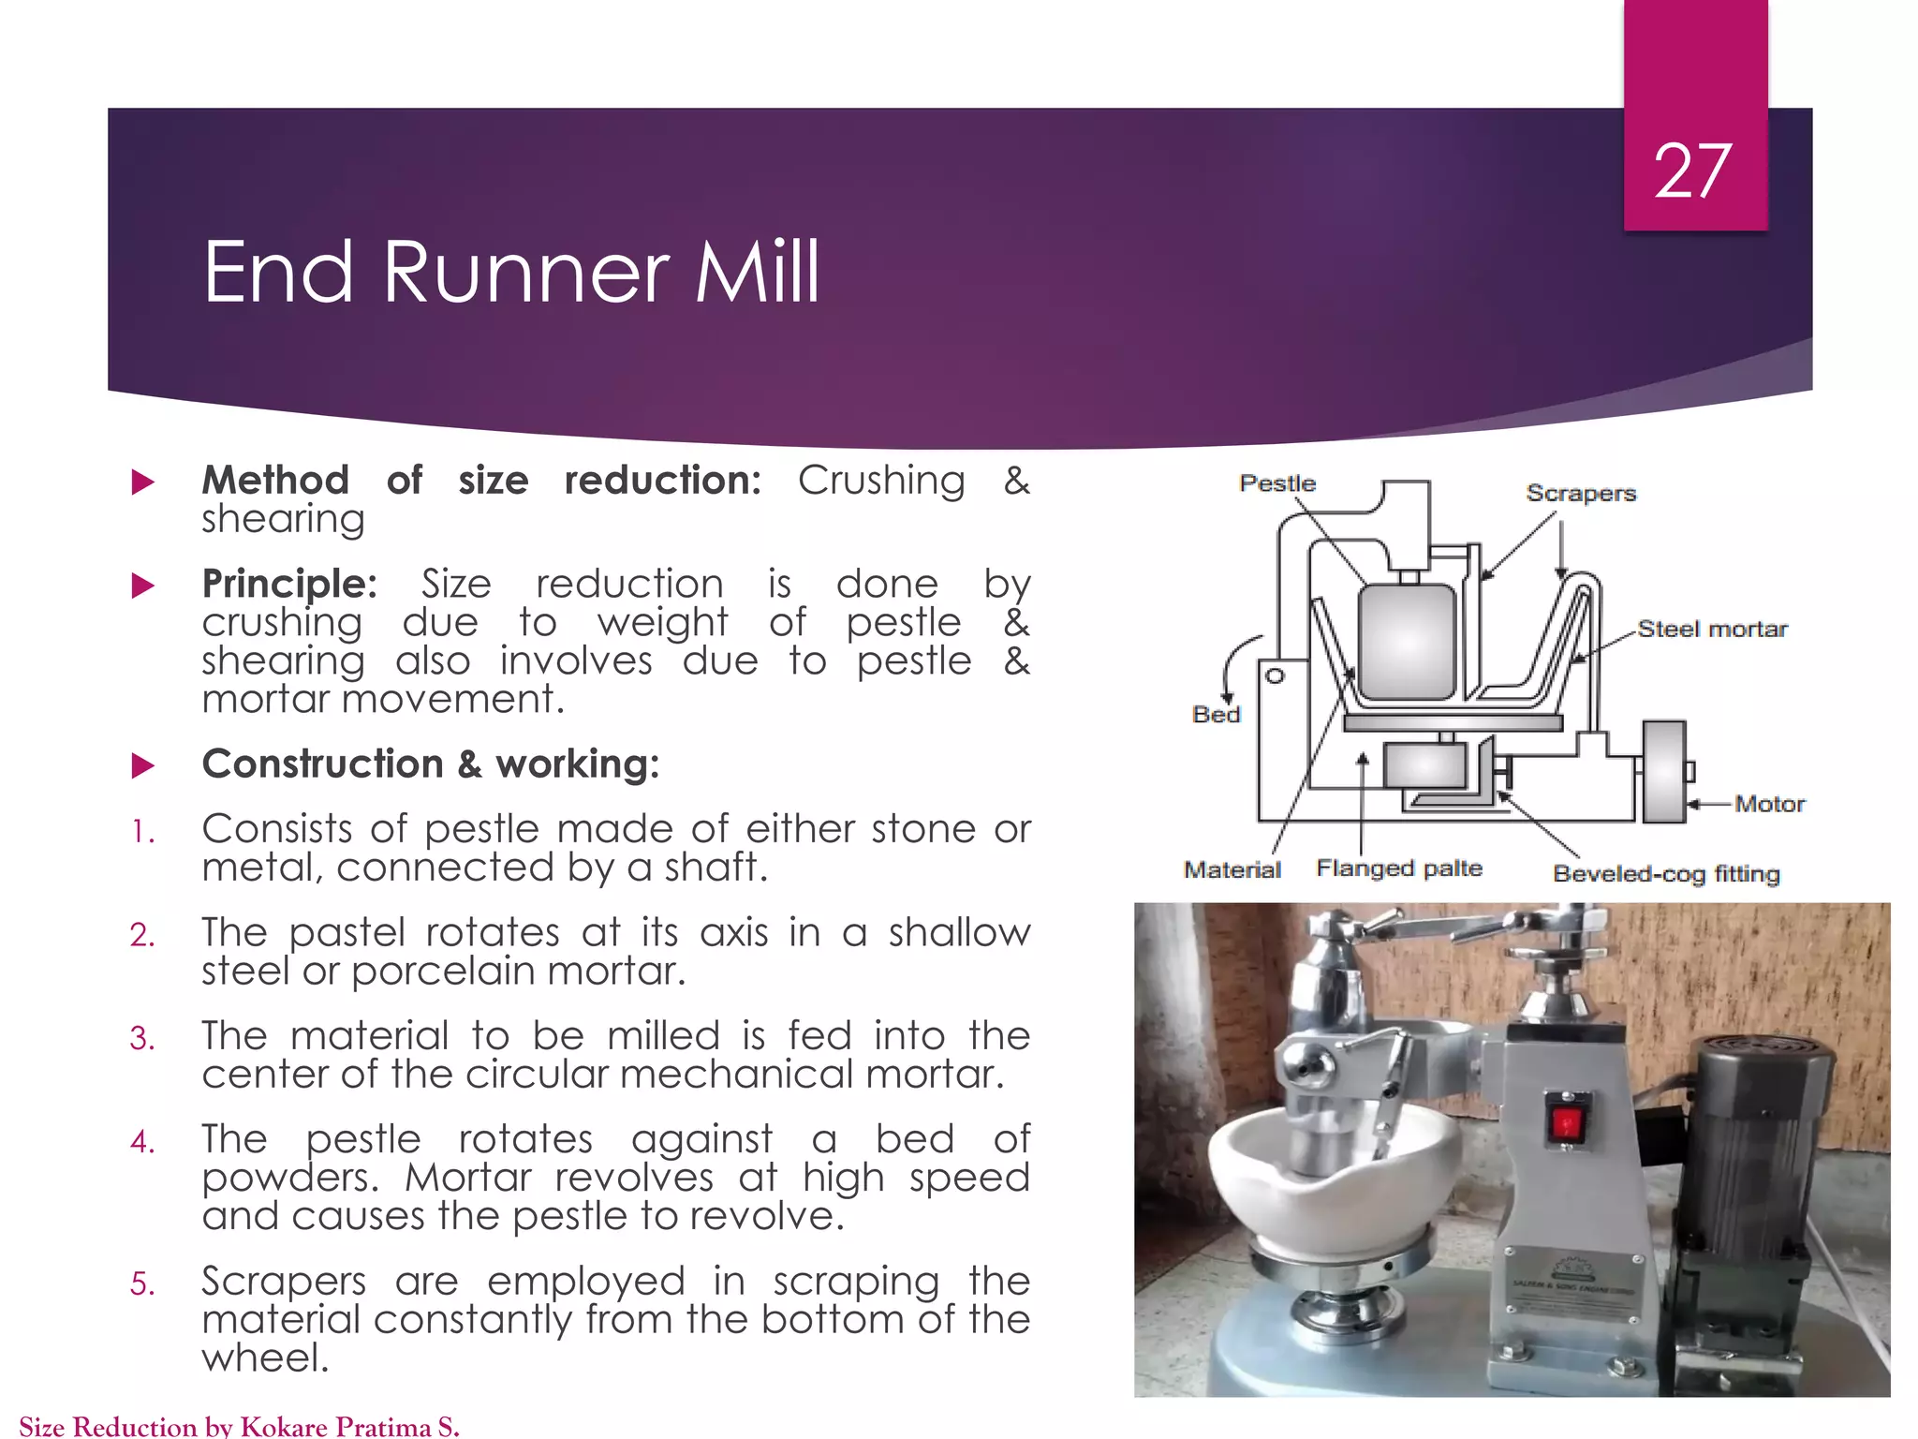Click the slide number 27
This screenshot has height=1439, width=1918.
[1692, 171]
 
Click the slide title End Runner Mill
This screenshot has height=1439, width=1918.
[510, 273]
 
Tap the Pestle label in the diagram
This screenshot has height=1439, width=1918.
[1276, 483]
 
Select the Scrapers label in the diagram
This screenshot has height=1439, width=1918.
[1580, 493]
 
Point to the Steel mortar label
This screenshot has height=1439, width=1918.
[1711, 629]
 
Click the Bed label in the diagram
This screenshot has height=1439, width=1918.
[1216, 715]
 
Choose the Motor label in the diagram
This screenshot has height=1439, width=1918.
[1768, 804]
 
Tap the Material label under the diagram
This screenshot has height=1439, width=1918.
[1232, 869]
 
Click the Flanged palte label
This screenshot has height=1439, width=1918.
[1398, 868]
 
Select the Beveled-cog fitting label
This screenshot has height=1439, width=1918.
[1665, 874]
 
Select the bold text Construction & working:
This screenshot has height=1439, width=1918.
[431, 764]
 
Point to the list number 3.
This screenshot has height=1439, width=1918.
[142, 1038]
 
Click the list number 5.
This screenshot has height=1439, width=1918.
[142, 1283]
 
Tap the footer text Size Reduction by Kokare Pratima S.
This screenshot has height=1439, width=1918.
[239, 1426]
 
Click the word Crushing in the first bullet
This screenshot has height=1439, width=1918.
[880, 481]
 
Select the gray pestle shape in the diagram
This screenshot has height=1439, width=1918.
[1407, 642]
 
